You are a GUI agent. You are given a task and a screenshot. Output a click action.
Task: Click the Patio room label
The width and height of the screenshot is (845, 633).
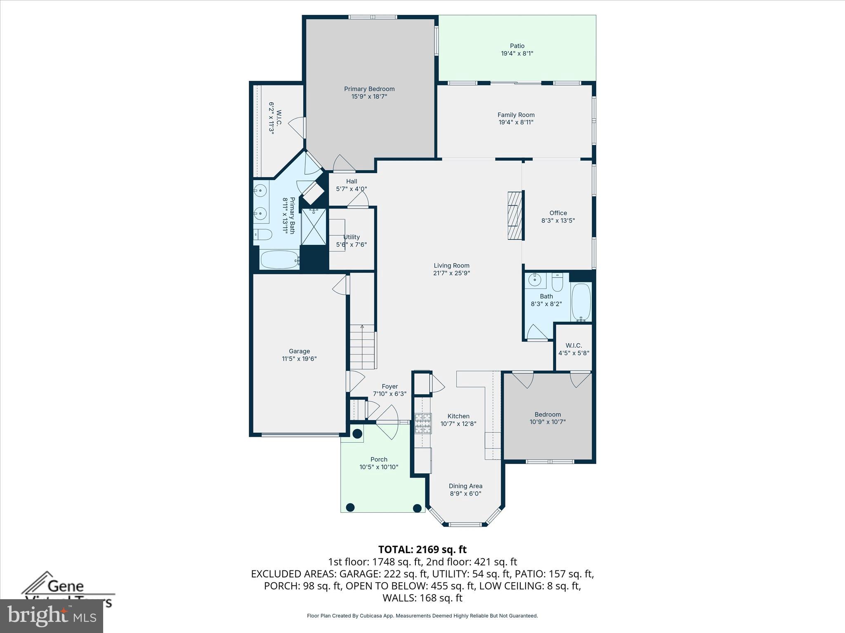517,46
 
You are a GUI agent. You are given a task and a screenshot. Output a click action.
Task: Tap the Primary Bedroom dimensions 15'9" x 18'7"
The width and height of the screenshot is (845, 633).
369,97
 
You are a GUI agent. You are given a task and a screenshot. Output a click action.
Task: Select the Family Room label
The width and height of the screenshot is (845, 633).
516,115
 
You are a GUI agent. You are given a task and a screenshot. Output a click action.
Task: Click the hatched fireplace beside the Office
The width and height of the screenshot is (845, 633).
515,215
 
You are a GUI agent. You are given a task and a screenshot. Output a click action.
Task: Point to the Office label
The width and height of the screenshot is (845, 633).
558,213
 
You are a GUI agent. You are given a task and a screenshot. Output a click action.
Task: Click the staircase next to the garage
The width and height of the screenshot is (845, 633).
363,347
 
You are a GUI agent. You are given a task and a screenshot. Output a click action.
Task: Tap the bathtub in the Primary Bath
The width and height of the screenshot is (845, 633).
279,260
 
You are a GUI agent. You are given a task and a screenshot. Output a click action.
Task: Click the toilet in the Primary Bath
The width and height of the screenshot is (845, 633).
263,235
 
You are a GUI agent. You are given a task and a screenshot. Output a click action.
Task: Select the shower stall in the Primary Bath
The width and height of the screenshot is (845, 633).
314,227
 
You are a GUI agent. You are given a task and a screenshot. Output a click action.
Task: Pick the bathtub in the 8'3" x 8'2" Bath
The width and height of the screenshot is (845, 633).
581,302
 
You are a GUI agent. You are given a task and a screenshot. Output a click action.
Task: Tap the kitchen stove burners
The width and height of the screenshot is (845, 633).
423,423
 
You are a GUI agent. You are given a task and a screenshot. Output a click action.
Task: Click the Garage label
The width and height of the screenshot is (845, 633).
299,351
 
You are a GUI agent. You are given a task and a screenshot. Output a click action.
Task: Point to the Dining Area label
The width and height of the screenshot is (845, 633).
465,486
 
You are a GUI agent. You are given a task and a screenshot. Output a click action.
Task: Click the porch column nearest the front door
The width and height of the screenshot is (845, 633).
357,434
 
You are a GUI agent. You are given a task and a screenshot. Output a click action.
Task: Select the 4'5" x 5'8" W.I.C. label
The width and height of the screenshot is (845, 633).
574,345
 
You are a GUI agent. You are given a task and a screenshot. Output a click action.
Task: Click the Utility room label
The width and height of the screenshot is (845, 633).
352,237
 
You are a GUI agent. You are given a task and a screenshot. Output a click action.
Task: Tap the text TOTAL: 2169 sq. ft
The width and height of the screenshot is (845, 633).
422,549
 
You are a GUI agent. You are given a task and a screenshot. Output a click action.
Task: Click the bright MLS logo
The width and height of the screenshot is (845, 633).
52,616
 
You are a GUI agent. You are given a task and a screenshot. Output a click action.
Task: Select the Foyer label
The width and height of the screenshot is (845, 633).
389,386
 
